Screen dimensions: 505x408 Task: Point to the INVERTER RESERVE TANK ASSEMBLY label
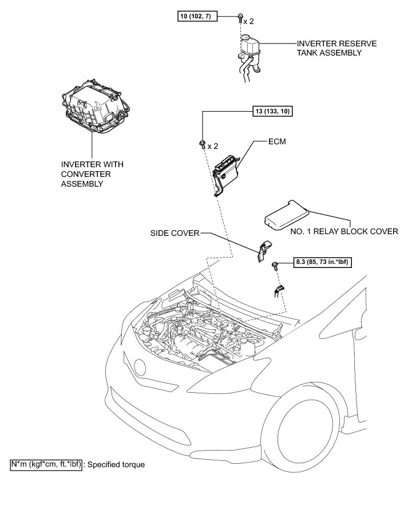click(328, 48)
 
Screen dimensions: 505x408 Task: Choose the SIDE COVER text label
click(175, 233)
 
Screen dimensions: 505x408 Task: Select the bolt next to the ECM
click(203, 144)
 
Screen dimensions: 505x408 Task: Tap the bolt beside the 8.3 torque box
click(275, 265)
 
